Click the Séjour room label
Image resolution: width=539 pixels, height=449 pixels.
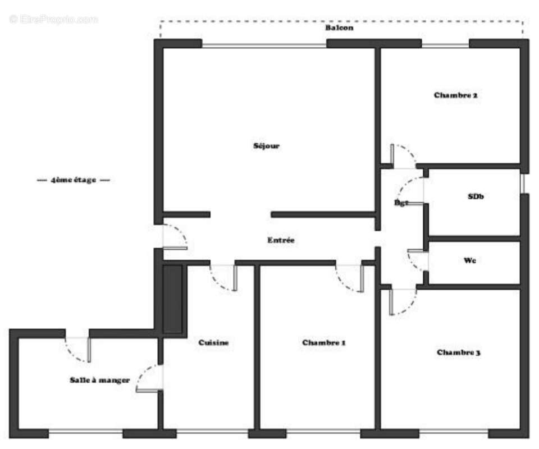pyautogui.click(x=266, y=146)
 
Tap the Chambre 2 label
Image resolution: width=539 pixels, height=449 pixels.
pyautogui.click(x=455, y=95)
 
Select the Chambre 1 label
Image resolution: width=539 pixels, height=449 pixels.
pyautogui.click(x=323, y=342)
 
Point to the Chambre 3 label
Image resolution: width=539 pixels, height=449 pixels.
pyautogui.click(x=458, y=352)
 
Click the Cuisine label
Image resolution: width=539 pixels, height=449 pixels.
pyautogui.click(x=213, y=342)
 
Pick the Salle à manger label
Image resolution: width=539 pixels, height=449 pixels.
pyautogui.click(x=100, y=380)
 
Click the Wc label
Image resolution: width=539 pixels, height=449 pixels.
pyautogui.click(x=470, y=260)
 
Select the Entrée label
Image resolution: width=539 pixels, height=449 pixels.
pyautogui.click(x=281, y=240)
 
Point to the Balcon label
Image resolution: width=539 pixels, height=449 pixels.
pyautogui.click(x=340, y=28)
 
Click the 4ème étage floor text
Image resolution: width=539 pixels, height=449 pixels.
pyautogui.click(x=73, y=180)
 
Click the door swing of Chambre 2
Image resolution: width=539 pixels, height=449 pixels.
pyautogui.click(x=403, y=155)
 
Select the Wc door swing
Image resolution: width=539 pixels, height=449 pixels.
pyautogui.click(x=417, y=260)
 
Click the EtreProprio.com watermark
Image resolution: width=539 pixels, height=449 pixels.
pyautogui.click(x=54, y=19)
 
